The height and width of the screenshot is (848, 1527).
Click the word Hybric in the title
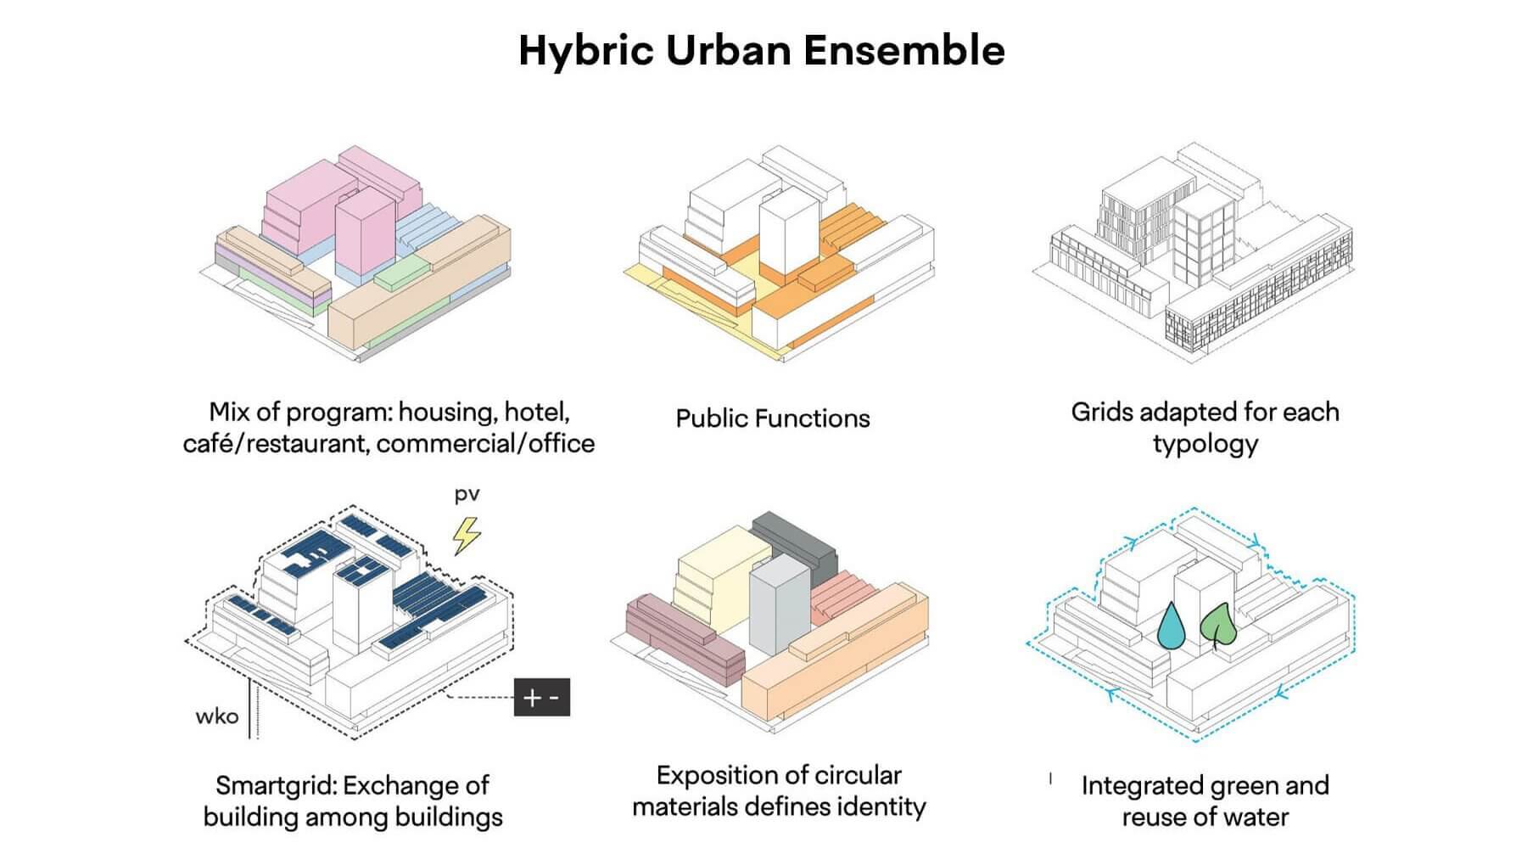click(586, 51)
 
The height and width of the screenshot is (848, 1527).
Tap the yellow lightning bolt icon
click(466, 535)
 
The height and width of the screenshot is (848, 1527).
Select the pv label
click(467, 495)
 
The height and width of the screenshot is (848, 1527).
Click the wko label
click(216, 716)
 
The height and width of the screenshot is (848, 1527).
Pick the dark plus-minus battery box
click(542, 697)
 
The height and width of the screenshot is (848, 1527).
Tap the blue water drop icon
click(1172, 626)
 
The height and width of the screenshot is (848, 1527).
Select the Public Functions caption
click(773, 418)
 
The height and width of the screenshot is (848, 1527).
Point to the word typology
click(1205, 445)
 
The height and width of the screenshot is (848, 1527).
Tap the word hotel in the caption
click(537, 413)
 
